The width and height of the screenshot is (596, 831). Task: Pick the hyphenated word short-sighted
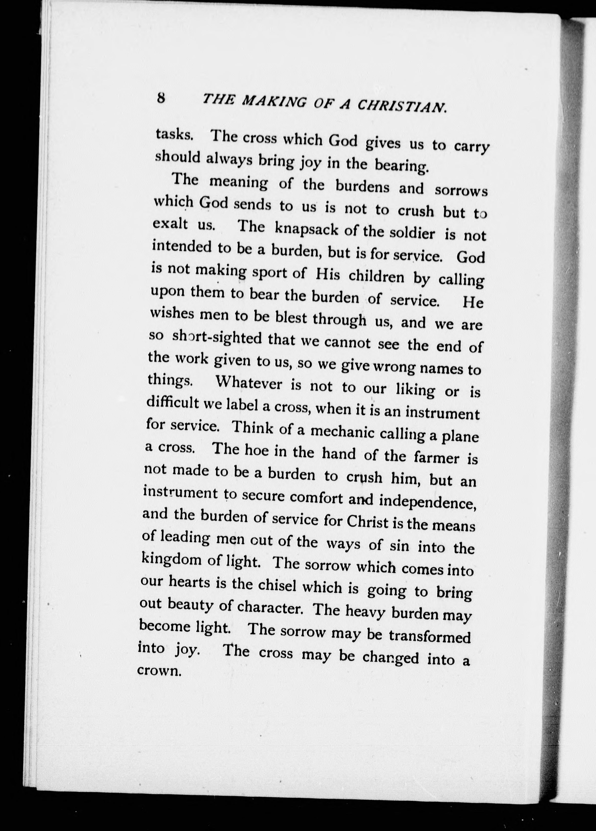point(217,338)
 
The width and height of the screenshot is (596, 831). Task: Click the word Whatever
point(249,384)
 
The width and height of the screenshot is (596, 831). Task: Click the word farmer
point(436,457)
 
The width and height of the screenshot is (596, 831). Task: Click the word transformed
point(430,636)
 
